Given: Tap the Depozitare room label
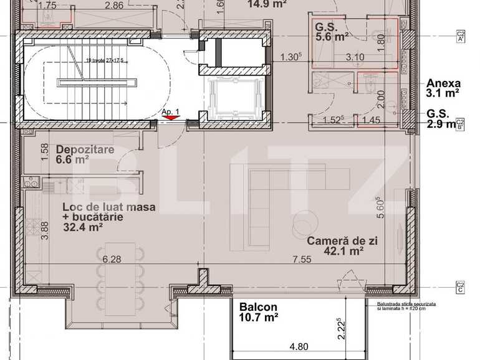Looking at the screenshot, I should tap(84, 149).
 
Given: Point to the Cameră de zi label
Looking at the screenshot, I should tap(342, 240).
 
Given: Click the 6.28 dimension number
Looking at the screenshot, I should tap(112, 259).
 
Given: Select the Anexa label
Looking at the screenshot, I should tap(443, 83).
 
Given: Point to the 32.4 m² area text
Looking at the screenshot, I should tap(83, 227).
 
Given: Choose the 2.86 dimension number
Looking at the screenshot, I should tap(113, 6).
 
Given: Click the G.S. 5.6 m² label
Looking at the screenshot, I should tap(331, 32).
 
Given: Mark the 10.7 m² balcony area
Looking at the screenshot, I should tap(259, 318).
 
